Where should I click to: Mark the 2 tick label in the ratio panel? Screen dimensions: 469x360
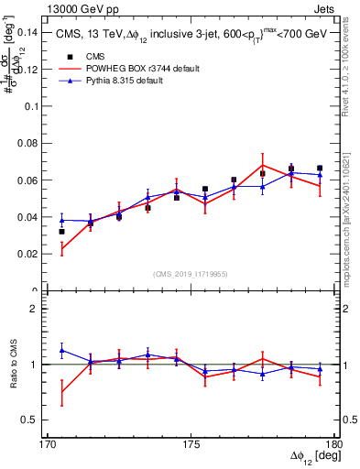pyautogui.click(x=38, y=309)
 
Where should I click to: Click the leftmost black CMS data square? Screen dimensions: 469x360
pyautogui.click(x=61, y=232)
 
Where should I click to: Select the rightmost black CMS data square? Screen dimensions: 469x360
pyautogui.click(x=319, y=169)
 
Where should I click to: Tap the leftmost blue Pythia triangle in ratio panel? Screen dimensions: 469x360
pyautogui.click(x=61, y=350)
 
